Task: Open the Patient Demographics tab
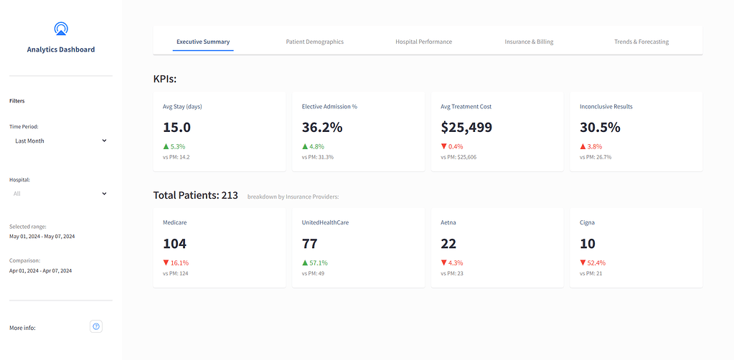pyautogui.click(x=314, y=42)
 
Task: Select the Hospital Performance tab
pyautogui.click(x=423, y=42)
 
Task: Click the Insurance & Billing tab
pyautogui.click(x=529, y=42)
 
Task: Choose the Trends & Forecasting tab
pyautogui.click(x=641, y=42)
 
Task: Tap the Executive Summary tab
pyautogui.click(x=203, y=42)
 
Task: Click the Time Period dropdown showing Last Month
pyautogui.click(x=60, y=141)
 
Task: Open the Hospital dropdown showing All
pyautogui.click(x=60, y=193)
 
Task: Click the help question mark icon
pyautogui.click(x=97, y=326)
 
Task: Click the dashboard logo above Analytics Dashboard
pyautogui.click(x=61, y=29)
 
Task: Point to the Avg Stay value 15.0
pyautogui.click(x=177, y=128)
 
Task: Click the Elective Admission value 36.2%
pyautogui.click(x=322, y=128)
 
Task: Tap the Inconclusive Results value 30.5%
pyautogui.click(x=600, y=128)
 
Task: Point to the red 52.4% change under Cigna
pyautogui.click(x=593, y=262)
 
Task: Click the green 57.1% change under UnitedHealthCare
pyautogui.click(x=315, y=262)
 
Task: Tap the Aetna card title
pyautogui.click(x=448, y=222)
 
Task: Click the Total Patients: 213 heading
pyautogui.click(x=195, y=195)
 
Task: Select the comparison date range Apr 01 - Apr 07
pyautogui.click(x=40, y=270)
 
